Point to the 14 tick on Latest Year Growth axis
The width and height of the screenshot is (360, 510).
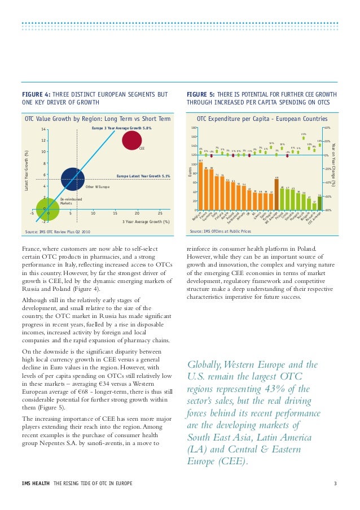pyautogui.click(x=43, y=129)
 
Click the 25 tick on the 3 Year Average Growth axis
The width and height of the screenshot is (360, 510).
pyautogui.click(x=160, y=213)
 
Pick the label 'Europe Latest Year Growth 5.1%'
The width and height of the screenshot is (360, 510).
pyautogui.click(x=143, y=176)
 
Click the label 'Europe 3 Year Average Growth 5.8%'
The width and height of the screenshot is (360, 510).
pyautogui.click(x=121, y=129)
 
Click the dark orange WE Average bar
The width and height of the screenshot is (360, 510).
pyautogui.click(x=276, y=194)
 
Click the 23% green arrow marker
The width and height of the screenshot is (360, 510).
pyautogui.click(x=304, y=139)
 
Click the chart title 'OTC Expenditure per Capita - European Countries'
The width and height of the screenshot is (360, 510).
pyautogui.click(x=261, y=119)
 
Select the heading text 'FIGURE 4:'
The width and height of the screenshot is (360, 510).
pyautogui.click(x=33, y=94)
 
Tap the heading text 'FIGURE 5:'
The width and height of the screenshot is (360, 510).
pyautogui.click(x=199, y=94)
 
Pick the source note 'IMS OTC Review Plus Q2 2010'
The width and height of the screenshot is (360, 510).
pyautogui.click(x=62, y=232)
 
